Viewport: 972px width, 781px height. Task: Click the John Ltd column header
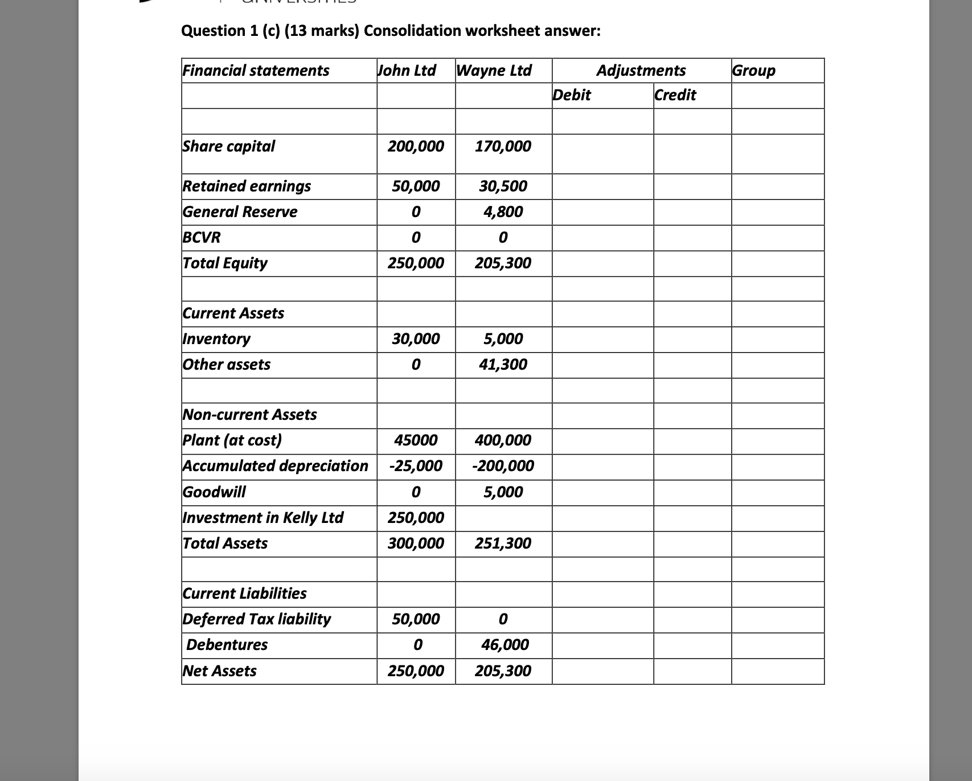tap(407, 70)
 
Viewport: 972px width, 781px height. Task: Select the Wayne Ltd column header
tap(494, 70)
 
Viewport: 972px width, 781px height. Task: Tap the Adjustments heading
tap(641, 70)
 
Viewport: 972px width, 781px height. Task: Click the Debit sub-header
tap(572, 95)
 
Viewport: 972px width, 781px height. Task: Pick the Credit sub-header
tap(675, 95)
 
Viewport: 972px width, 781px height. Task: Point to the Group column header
tap(753, 70)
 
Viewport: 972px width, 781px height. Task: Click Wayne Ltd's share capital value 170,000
tap(503, 146)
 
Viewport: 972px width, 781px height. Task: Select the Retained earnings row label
tap(247, 186)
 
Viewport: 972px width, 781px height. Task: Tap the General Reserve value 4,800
tap(503, 212)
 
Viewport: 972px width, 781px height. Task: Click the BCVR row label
tap(202, 237)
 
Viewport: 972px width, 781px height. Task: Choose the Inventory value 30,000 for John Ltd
tap(416, 339)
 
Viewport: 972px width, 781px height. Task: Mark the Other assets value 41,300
tap(503, 364)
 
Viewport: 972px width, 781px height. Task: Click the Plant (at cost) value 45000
tap(416, 440)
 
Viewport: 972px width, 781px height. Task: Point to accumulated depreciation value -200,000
tap(503, 466)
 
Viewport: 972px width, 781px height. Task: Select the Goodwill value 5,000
tap(503, 492)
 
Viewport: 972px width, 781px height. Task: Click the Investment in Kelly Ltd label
tap(263, 517)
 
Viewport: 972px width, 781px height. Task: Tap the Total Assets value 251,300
tap(503, 543)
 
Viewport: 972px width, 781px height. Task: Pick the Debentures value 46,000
tap(505, 645)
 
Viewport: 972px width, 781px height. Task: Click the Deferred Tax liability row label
tap(256, 619)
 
